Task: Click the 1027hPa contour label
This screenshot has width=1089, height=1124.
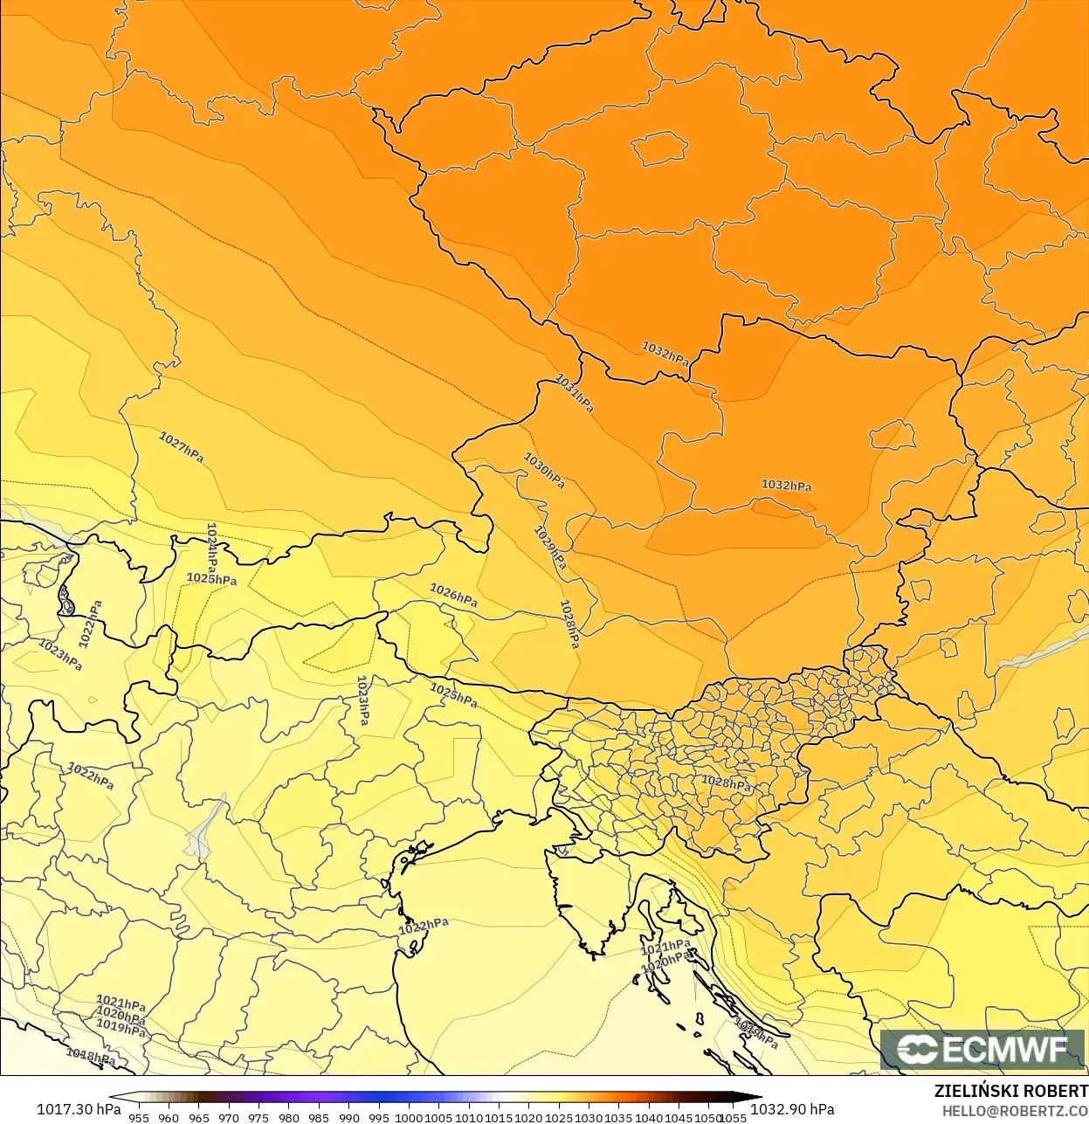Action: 181,447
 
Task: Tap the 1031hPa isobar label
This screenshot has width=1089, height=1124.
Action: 575,393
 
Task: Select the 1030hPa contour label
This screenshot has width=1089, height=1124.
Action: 544,470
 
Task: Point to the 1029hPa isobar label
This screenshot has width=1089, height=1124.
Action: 550,548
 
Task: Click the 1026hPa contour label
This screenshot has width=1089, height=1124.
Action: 453,596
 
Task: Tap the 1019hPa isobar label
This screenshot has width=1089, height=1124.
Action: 121,1028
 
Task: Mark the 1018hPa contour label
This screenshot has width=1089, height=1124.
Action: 91,1056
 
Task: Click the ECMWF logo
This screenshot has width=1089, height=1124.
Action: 982,1049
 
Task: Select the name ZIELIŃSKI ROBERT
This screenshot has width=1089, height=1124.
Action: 1010,1091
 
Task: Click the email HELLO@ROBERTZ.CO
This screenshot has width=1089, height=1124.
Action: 1014,1111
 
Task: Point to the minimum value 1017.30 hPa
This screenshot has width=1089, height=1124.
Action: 79,1109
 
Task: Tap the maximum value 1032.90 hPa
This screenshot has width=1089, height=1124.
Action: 792,1109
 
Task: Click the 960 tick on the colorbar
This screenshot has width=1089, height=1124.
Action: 169,1117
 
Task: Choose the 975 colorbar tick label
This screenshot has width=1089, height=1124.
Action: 258,1117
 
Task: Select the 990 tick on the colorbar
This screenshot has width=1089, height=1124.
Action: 348,1117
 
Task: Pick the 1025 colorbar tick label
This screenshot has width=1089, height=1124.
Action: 559,1117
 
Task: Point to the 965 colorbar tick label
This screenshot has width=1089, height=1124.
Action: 199,1117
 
